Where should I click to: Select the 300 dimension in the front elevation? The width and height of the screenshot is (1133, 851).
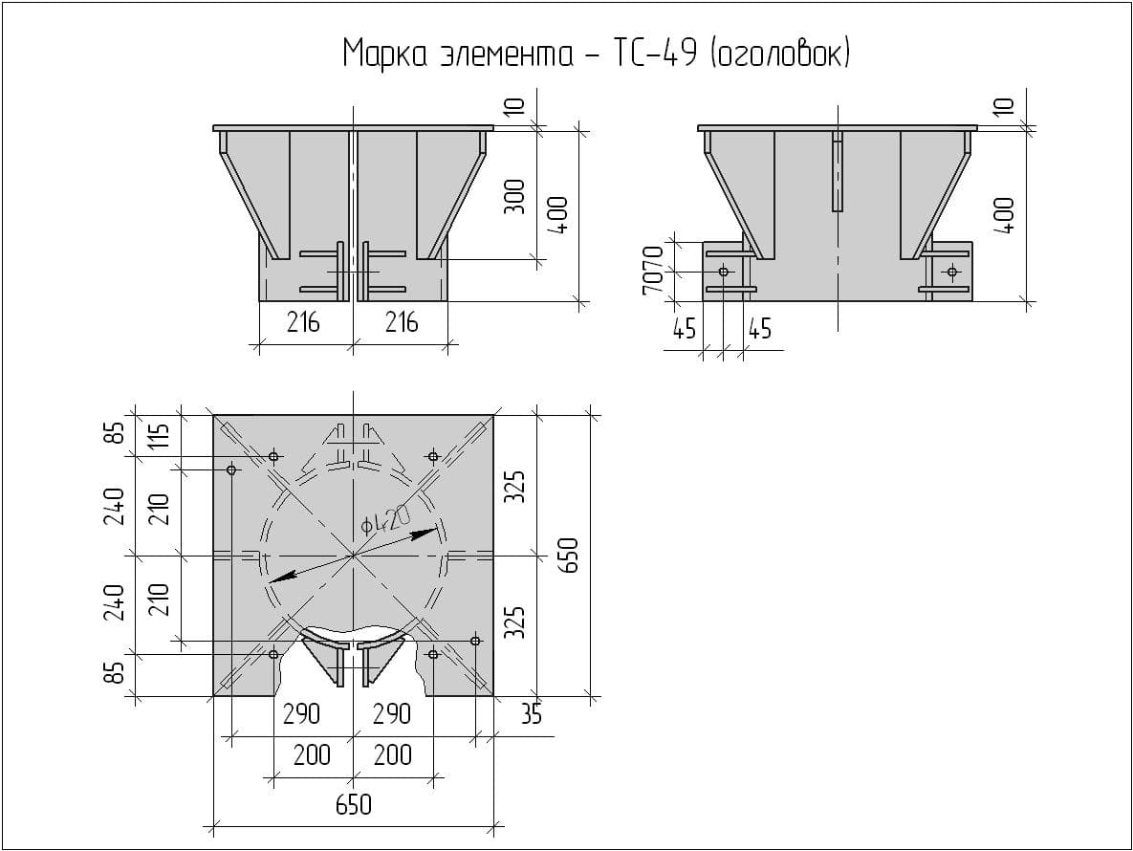coord(514,197)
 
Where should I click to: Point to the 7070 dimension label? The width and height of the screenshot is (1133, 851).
coord(653,271)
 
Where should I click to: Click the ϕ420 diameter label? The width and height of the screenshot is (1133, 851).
coord(386,520)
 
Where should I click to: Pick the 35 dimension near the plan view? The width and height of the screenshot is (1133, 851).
coord(531,714)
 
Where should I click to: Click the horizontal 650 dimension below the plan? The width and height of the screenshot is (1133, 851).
coord(354,804)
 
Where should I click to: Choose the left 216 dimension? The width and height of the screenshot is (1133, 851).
coord(303,321)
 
